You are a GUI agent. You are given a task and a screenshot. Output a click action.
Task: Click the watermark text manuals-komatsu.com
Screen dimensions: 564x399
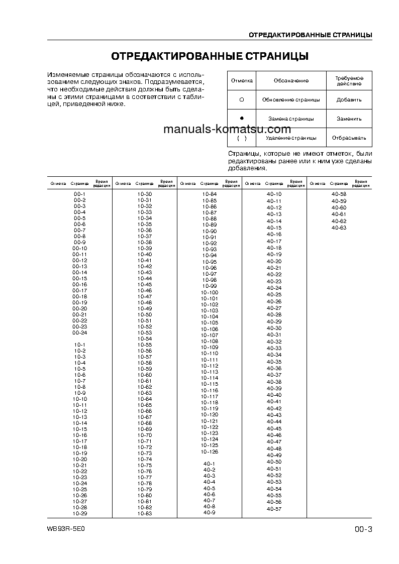[227, 129]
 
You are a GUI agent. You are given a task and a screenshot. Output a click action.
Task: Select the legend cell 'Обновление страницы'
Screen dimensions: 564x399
[291, 99]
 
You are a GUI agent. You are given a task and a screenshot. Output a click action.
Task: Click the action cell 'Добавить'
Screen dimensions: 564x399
[349, 99]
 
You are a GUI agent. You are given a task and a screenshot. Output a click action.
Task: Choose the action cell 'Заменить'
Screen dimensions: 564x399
[349, 119]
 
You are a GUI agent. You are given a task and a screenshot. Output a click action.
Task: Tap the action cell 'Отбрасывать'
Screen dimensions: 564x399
[349, 138]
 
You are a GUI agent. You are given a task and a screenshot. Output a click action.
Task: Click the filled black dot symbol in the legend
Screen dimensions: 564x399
[242, 118]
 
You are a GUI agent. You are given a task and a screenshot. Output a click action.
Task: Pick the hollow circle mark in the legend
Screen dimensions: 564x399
[242, 99]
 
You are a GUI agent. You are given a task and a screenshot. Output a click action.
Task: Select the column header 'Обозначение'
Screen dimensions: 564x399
[291, 80]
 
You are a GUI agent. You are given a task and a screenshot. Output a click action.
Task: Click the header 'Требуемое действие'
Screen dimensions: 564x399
[349, 80]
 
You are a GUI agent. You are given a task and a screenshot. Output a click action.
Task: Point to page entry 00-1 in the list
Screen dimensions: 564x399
[79, 194]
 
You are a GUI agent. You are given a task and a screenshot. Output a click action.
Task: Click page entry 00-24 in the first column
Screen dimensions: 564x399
[79, 332]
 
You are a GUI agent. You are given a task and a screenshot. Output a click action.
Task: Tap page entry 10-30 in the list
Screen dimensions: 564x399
[144, 194]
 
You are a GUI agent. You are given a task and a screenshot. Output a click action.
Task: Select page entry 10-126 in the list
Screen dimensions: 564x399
[210, 451]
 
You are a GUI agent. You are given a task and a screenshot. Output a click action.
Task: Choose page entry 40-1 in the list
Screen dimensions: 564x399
[209, 463]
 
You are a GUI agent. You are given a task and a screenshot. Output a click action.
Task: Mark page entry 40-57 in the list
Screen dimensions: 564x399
[274, 509]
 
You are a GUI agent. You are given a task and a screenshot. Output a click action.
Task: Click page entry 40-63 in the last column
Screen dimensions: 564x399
[339, 228]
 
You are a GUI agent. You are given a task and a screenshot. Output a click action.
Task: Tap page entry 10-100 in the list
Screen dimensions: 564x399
[210, 292]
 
